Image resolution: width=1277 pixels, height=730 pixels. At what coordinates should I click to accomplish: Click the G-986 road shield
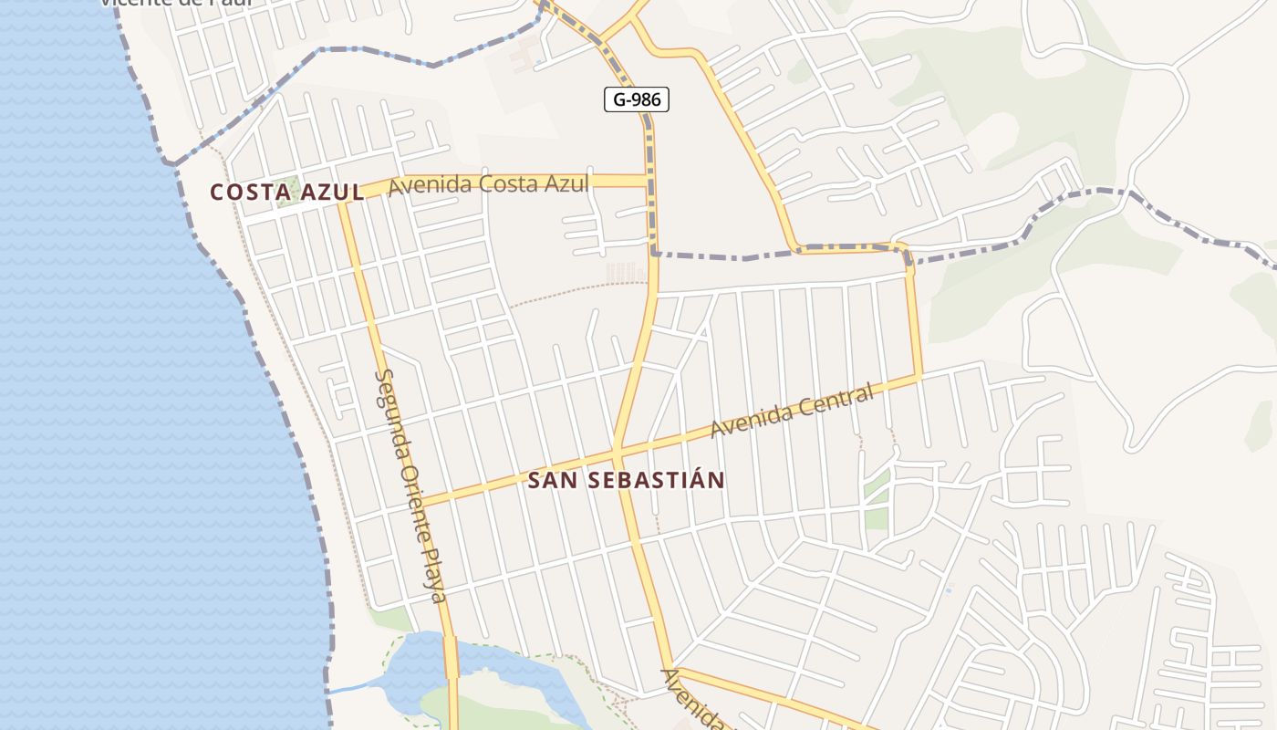[637, 99]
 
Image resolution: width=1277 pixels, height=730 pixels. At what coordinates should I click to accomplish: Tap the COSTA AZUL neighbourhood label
[287, 193]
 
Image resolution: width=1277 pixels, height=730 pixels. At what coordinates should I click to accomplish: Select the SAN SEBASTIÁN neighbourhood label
[627, 480]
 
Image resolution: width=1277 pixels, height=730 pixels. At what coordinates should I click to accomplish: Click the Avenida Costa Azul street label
[488, 185]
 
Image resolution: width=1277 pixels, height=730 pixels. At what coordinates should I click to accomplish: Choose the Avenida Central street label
[792, 412]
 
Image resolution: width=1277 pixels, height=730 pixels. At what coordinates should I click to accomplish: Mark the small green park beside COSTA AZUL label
[289, 194]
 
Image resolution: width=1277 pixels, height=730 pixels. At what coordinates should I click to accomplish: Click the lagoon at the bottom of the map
[415, 666]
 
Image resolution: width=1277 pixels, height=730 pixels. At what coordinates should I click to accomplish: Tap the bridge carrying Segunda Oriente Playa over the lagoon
[452, 658]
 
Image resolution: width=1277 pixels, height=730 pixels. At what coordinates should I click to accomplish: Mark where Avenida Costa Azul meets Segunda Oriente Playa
[345, 202]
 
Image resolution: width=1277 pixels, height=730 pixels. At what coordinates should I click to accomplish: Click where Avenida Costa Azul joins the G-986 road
[649, 181]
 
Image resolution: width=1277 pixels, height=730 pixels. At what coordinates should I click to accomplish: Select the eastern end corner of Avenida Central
[919, 376]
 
